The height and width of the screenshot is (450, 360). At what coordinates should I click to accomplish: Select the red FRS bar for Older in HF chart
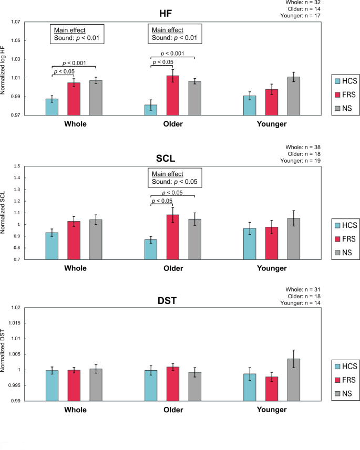pos(172,96)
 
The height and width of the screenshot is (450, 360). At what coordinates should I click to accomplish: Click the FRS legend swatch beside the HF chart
pos(340,94)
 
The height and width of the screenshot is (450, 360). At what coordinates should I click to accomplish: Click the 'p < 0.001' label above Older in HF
pos(172,54)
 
